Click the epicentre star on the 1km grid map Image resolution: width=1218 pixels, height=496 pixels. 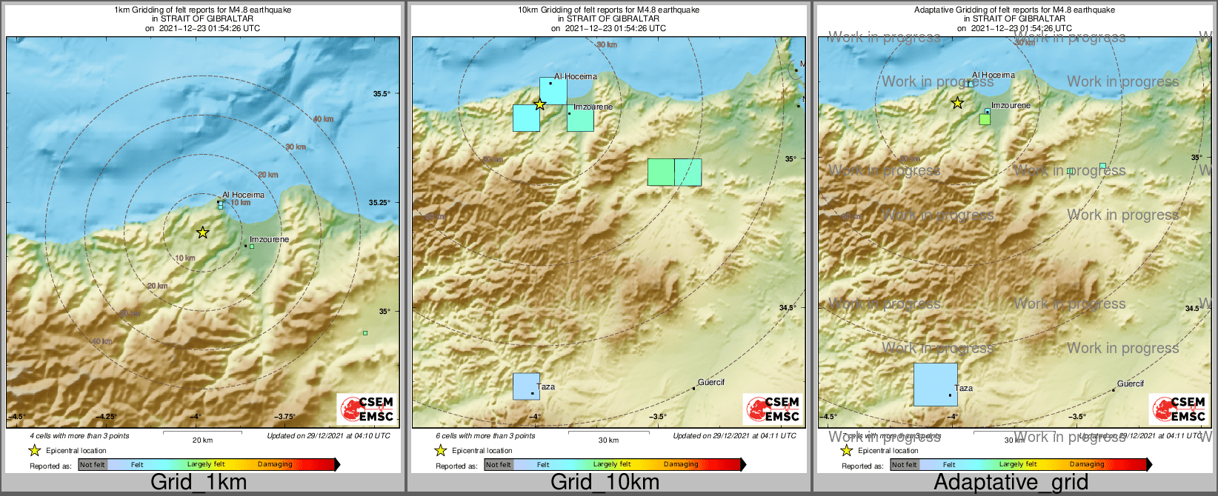point(202,232)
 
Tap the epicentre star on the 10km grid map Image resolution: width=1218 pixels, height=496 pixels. point(539,104)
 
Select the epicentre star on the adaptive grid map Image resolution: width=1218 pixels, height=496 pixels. point(957,103)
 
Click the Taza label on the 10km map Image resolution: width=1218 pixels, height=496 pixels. point(546,386)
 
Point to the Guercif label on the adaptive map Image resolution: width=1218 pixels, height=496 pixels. point(1130,383)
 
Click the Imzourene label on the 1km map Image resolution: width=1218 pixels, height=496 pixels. point(269,240)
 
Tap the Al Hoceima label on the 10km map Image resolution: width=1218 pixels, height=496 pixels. point(576,76)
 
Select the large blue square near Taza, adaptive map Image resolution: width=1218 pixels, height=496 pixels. point(935,384)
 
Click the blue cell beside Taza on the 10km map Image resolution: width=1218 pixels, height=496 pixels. point(526,386)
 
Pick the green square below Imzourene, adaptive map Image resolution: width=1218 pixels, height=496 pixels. point(984,119)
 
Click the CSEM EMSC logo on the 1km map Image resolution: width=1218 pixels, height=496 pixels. point(366,409)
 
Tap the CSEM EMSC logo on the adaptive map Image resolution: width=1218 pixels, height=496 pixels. point(1178,409)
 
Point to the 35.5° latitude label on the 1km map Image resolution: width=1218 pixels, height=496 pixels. point(381,93)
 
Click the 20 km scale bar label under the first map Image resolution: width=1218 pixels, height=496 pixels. point(202,440)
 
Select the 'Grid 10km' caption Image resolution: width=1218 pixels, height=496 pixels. point(605,482)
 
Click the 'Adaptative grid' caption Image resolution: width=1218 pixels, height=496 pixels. point(1011,482)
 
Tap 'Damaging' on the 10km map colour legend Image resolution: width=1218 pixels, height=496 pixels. point(681,464)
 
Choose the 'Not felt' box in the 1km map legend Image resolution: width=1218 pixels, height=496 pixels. point(93,464)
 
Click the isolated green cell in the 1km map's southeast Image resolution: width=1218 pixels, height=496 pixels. point(365,333)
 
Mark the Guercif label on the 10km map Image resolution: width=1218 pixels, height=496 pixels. point(711,382)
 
